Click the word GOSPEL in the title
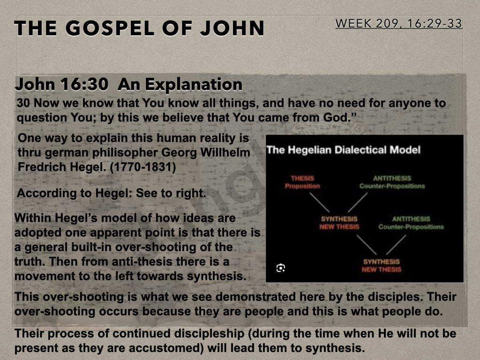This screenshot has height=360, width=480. click(x=109, y=28)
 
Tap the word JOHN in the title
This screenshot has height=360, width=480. click(x=232, y=28)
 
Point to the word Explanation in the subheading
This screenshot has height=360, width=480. click(x=193, y=84)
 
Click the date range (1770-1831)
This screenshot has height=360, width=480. click(x=142, y=167)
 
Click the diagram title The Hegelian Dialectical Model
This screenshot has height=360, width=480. click(x=344, y=150)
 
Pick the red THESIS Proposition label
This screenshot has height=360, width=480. click(x=302, y=182)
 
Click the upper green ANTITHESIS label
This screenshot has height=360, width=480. click(x=392, y=182)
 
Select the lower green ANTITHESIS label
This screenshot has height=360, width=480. click(x=411, y=223)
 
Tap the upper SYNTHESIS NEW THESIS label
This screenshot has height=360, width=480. click(x=339, y=223)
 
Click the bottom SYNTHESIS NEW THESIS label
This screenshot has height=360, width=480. click(x=382, y=265)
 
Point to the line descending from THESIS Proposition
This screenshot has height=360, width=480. click(x=319, y=202)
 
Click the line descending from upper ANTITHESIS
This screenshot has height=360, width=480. click(x=358, y=202)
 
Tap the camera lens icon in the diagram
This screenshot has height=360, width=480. click(x=281, y=268)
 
